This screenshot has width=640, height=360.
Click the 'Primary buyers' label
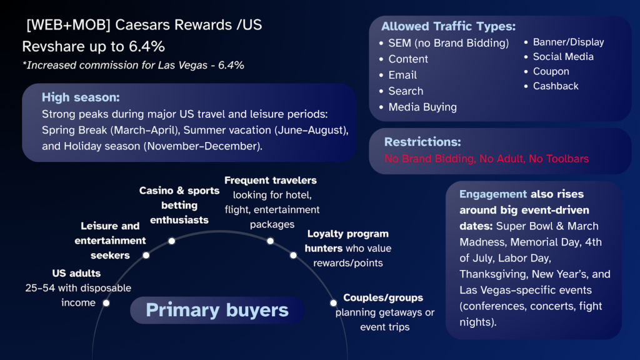(217, 310)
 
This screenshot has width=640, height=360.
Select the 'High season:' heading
(81, 97)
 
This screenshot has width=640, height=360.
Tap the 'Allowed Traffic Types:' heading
(448, 26)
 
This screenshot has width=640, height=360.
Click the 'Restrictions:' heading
(422, 142)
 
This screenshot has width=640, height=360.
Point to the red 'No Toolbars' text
(559, 159)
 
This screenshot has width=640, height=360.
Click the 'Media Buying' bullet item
(422, 107)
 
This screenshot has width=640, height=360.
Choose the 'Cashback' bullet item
(556, 86)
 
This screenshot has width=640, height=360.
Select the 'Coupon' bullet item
(551, 71)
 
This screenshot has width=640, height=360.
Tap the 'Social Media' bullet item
(563, 56)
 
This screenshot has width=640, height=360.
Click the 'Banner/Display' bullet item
(568, 42)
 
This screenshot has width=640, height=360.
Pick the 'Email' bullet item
(402, 75)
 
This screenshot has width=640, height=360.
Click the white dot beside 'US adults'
(106, 303)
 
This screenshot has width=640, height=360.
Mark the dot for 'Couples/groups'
(333, 303)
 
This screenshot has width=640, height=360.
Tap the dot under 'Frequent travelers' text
(271, 241)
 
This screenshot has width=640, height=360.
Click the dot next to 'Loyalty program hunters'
(293, 255)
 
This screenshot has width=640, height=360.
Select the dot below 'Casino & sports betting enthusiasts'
(172, 241)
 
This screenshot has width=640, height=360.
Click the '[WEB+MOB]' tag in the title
(59, 26)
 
